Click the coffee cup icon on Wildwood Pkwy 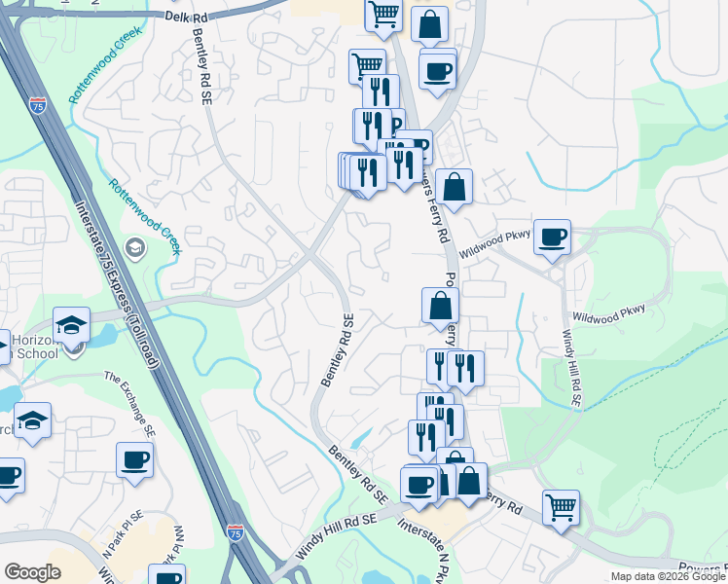click(x=553, y=237)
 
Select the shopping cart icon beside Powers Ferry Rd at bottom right click(x=561, y=506)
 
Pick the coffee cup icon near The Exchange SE click(x=134, y=458)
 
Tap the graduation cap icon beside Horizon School click(x=71, y=324)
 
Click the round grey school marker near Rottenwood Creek click(x=135, y=249)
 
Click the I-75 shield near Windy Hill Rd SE click(x=236, y=532)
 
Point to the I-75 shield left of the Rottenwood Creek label click(x=38, y=104)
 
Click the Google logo click(x=32, y=572)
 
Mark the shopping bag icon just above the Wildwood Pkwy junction click(x=454, y=185)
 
